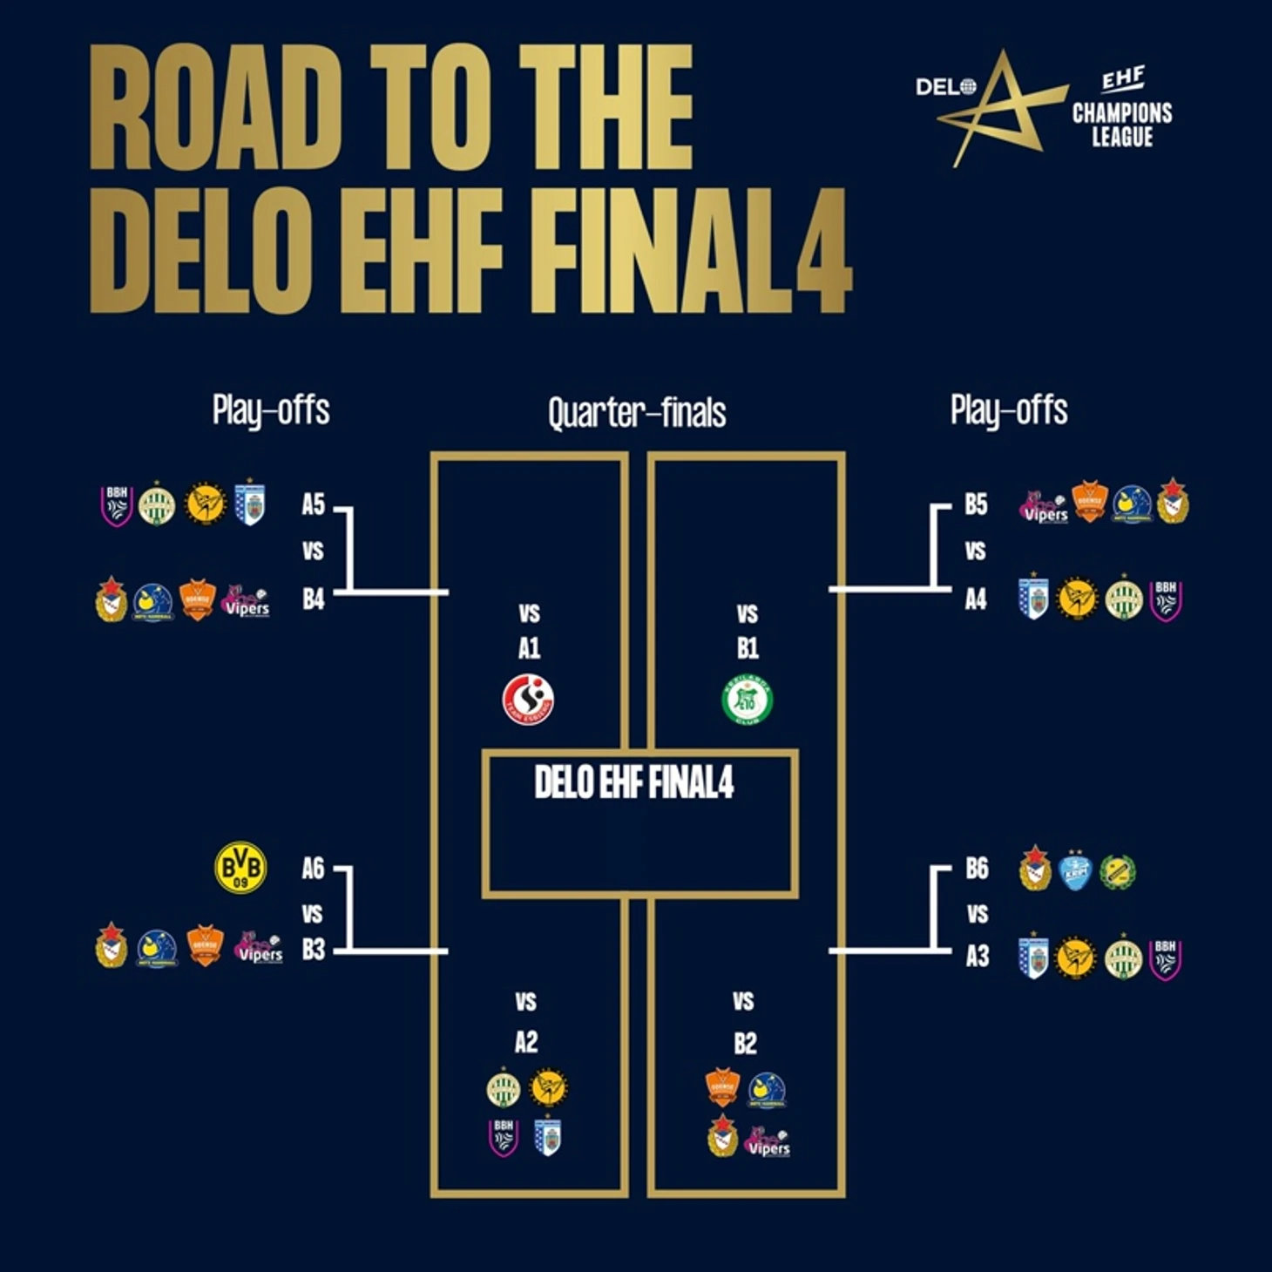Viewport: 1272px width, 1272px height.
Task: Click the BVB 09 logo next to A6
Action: pyautogui.click(x=240, y=868)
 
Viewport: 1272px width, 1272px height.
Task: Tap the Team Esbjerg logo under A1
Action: pyautogui.click(x=528, y=700)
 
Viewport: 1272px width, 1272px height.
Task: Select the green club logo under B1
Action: pyautogui.click(x=748, y=700)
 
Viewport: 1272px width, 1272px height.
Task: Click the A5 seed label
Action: pyautogui.click(x=313, y=504)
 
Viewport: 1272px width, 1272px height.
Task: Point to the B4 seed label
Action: pyautogui.click(x=313, y=599)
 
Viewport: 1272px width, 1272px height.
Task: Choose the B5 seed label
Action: pyautogui.click(x=976, y=504)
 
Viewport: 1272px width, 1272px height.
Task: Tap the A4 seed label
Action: pyautogui.click(x=976, y=599)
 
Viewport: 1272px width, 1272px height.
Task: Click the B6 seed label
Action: pyautogui.click(x=977, y=869)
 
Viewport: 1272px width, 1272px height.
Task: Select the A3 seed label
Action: pyautogui.click(x=977, y=957)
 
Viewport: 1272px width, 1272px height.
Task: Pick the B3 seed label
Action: pyautogui.click(x=313, y=950)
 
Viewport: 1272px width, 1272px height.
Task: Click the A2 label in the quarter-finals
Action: pyautogui.click(x=526, y=1042)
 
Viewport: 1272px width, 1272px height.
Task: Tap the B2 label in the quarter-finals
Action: pyautogui.click(x=745, y=1043)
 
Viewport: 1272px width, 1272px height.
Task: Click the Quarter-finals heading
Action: pyautogui.click(x=637, y=413)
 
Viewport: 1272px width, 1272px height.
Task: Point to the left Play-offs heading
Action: pyautogui.click(x=271, y=410)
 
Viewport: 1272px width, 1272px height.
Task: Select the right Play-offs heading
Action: pyautogui.click(x=1009, y=410)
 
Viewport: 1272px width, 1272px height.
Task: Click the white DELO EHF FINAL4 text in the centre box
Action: pyautogui.click(x=634, y=782)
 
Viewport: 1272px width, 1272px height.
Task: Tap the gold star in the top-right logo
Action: pyautogui.click(x=1002, y=109)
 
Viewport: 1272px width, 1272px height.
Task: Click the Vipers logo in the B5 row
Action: pyautogui.click(x=1044, y=507)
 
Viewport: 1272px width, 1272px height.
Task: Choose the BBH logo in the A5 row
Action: pyautogui.click(x=117, y=505)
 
